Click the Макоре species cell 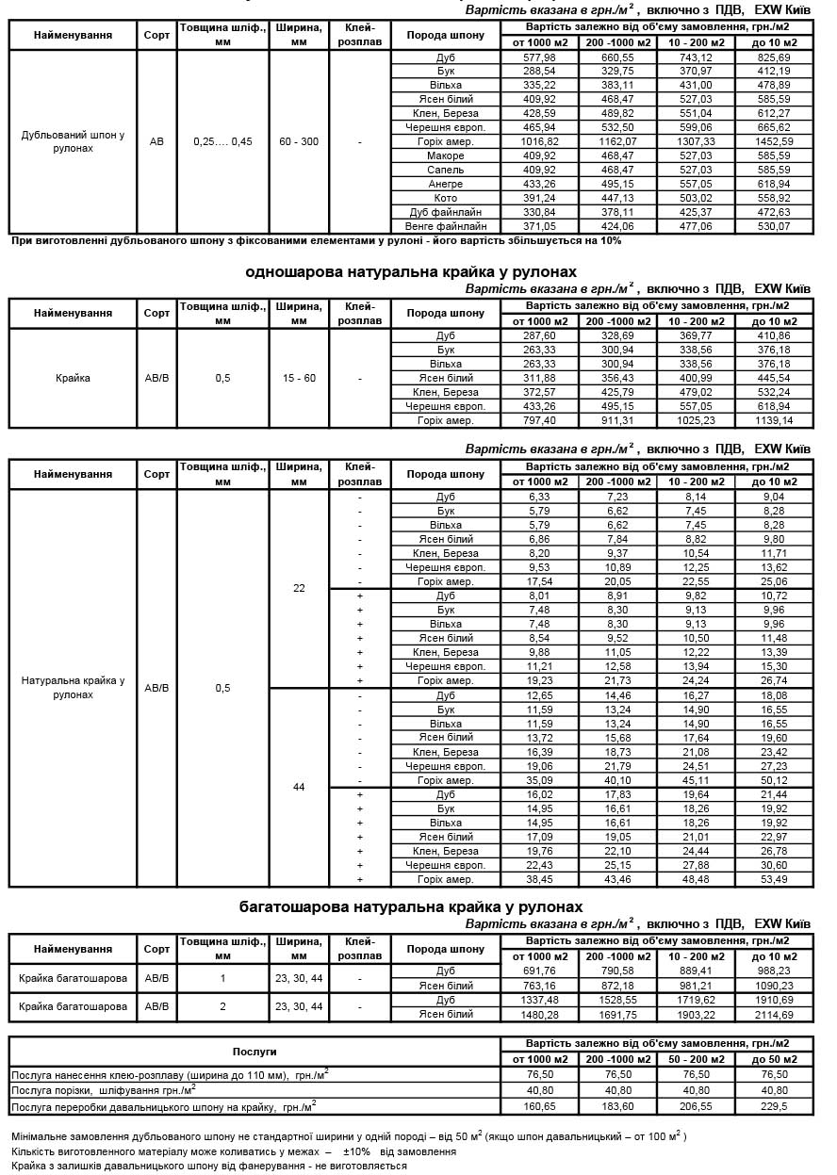click(x=445, y=155)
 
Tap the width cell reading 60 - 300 click(x=299, y=141)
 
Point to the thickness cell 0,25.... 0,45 click(x=222, y=141)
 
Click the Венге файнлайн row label click(x=445, y=226)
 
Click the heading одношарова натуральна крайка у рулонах click(x=410, y=271)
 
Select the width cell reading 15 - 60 click(x=299, y=378)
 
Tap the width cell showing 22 click(x=299, y=588)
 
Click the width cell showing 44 click(x=299, y=787)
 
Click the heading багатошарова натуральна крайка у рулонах click(x=410, y=906)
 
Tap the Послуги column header click(x=254, y=1051)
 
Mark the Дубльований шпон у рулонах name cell click(x=73, y=141)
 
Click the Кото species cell click(x=445, y=198)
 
